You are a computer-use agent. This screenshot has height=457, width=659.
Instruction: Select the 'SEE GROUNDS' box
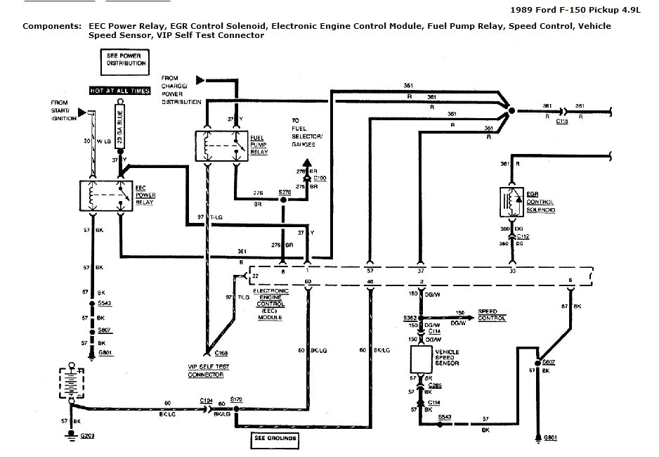pyautogui.click(x=275, y=441)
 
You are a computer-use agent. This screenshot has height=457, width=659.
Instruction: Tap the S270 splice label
pyautogui.click(x=285, y=191)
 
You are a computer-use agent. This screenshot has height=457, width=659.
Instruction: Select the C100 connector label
pyautogui.click(x=320, y=179)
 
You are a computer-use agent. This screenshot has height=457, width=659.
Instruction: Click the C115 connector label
pyautogui.click(x=562, y=122)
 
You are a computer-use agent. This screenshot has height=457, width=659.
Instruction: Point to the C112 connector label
pyautogui.click(x=523, y=238)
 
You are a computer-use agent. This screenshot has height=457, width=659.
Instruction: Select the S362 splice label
pyautogui.click(x=410, y=318)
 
